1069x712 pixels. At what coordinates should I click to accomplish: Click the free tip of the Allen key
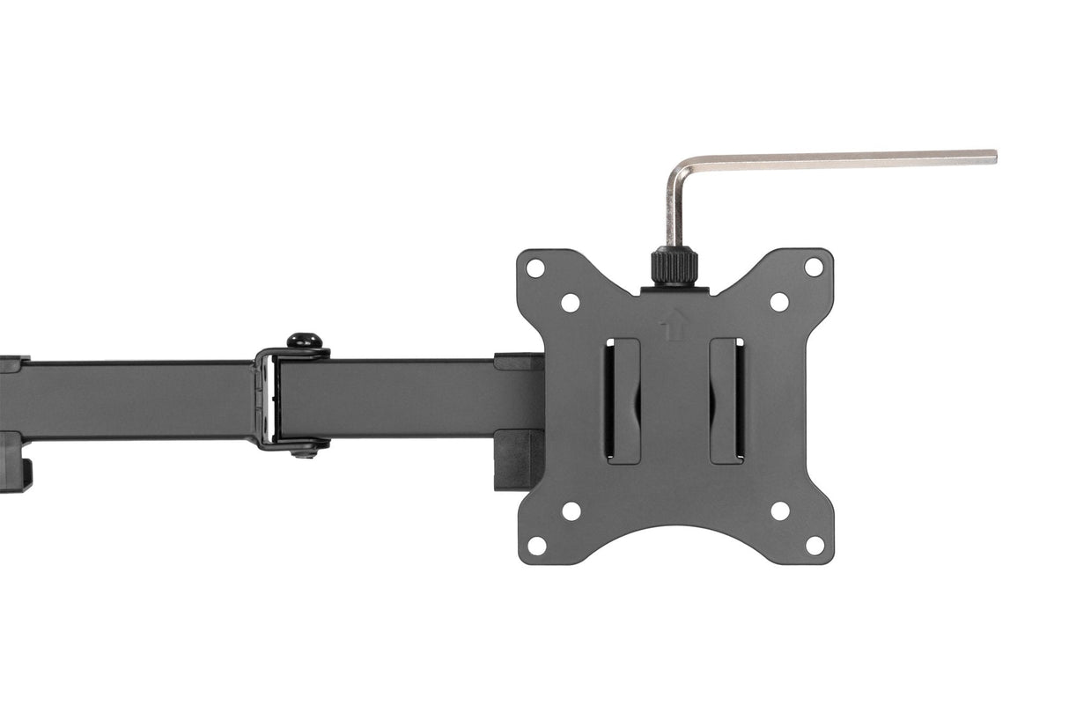tap(992, 158)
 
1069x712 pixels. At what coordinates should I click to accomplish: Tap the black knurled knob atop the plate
tap(675, 266)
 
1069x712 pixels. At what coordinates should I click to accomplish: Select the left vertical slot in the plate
tap(623, 400)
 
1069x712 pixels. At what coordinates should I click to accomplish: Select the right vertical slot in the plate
tap(727, 400)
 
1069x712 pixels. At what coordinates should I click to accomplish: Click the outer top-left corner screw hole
tap(535, 268)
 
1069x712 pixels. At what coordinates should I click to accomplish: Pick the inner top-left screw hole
tap(571, 302)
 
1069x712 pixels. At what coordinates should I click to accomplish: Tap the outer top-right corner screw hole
tap(814, 267)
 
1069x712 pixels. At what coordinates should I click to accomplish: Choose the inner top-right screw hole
tap(779, 302)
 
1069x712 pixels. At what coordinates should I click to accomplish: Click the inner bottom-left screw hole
tap(571, 510)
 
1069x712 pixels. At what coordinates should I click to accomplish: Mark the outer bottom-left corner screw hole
tap(536, 546)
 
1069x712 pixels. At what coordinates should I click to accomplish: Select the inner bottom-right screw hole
tap(780, 510)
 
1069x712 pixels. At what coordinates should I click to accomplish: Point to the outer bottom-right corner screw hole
tap(815, 546)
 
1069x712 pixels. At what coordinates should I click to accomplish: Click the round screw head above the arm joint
tap(304, 340)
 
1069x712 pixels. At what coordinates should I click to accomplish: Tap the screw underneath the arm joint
tap(305, 451)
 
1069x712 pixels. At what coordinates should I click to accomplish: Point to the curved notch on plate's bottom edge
tap(675, 530)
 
